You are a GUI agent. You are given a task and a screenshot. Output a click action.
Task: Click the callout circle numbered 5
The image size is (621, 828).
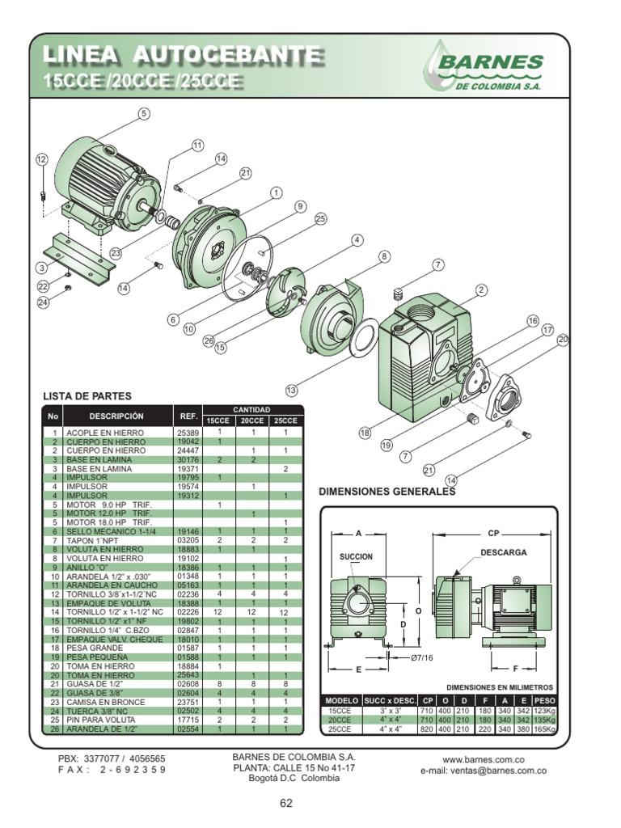pyautogui.click(x=144, y=114)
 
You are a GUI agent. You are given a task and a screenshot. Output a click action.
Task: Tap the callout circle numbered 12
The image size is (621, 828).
pyautogui.click(x=42, y=160)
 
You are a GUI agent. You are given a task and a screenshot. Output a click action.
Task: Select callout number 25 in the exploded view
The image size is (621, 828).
pyautogui.click(x=320, y=219)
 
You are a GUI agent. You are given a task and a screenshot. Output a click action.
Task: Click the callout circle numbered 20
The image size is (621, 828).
pyautogui.click(x=563, y=340)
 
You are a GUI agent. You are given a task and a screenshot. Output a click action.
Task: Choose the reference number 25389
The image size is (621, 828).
pyautogui.click(x=188, y=433)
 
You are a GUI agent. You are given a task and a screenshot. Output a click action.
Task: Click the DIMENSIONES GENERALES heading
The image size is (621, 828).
pyautogui.click(x=387, y=492)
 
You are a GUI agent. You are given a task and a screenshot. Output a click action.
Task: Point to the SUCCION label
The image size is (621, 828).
pyautogui.click(x=356, y=557)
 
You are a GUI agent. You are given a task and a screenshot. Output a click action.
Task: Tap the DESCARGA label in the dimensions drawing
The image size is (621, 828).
pyautogui.click(x=504, y=552)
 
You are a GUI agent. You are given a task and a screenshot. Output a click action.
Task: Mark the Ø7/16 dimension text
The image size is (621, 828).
pyautogui.click(x=422, y=658)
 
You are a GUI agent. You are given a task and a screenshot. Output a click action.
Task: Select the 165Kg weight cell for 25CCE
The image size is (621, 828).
pyautogui.click(x=545, y=729)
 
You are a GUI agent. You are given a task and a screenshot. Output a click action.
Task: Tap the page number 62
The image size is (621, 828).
pyautogui.click(x=286, y=803)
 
